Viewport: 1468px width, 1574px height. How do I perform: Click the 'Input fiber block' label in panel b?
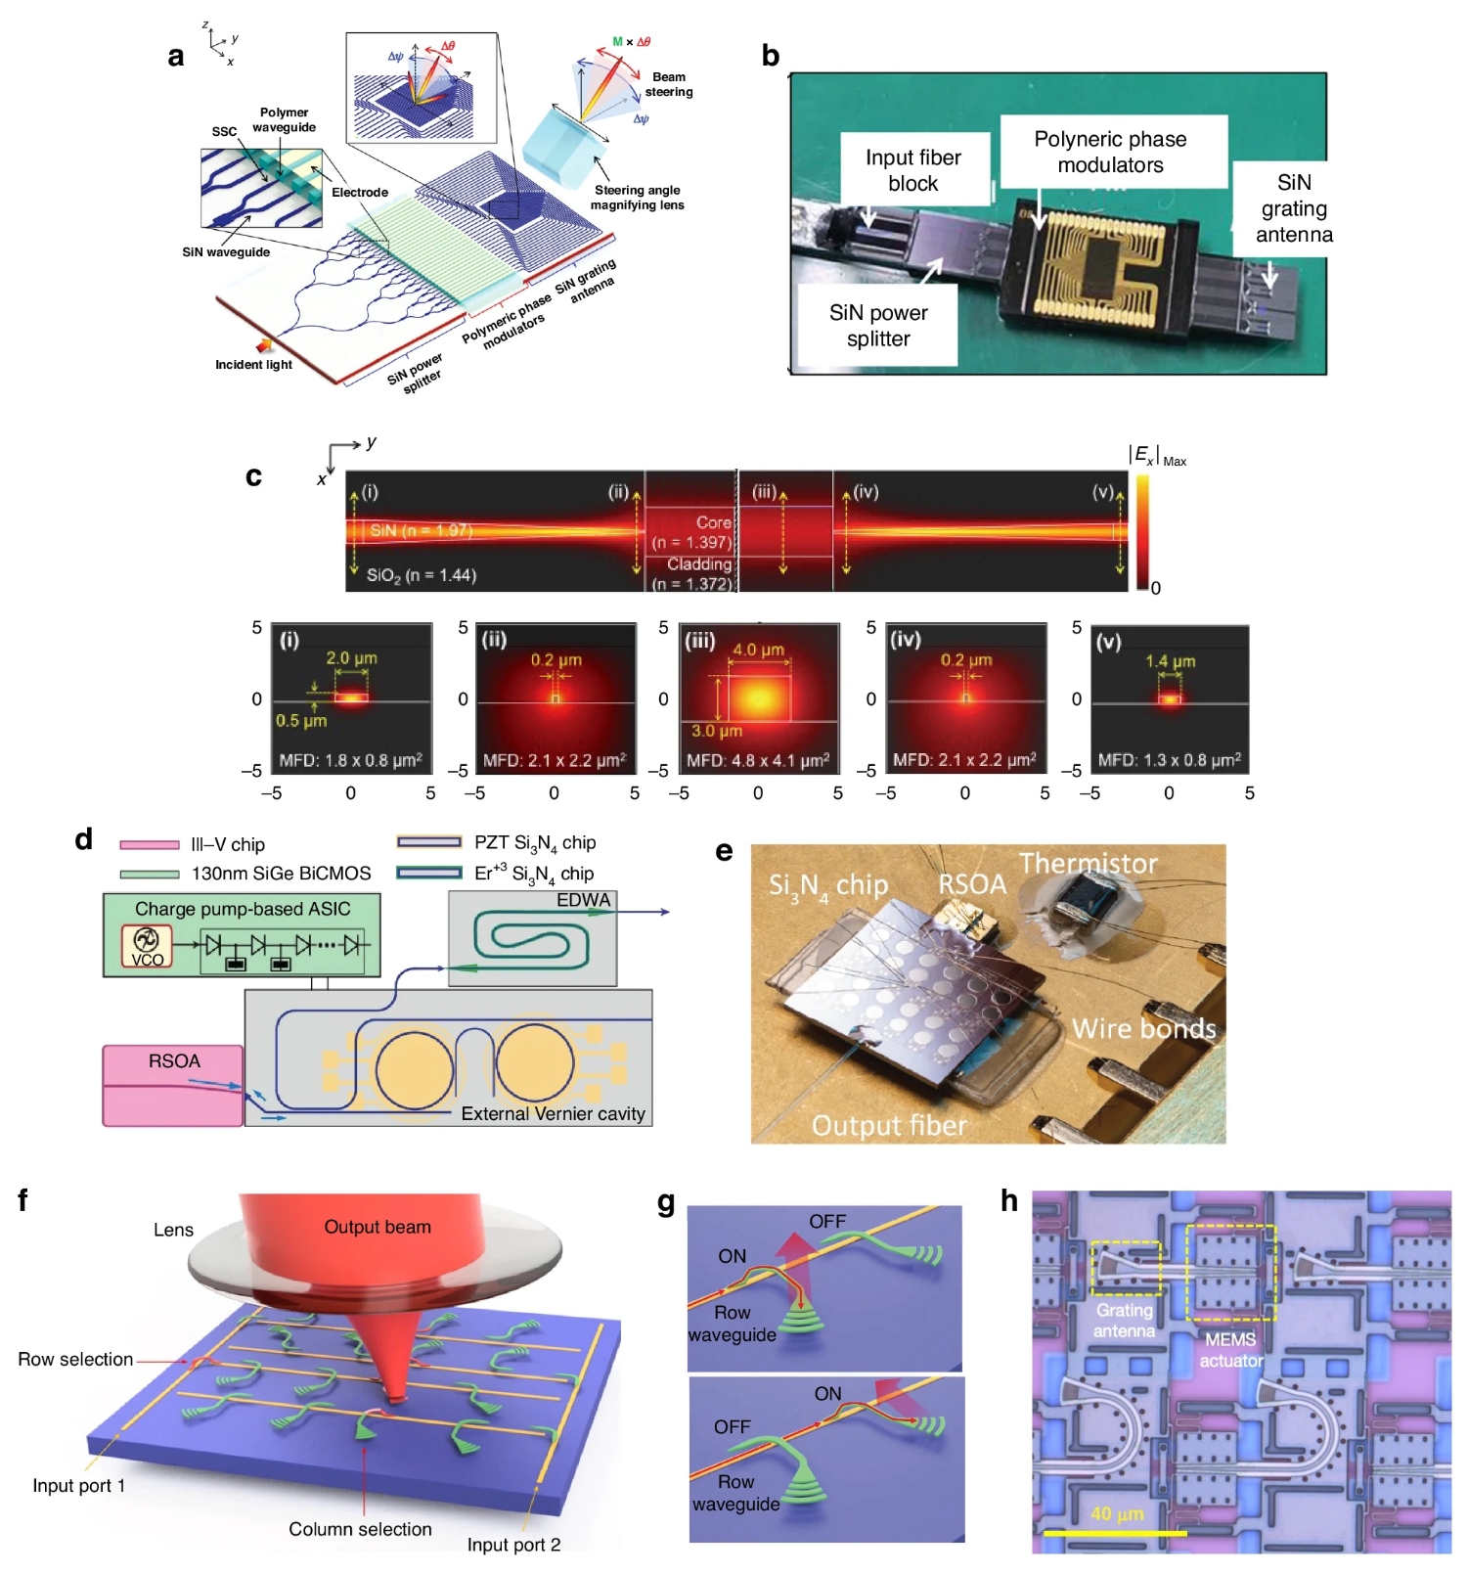pyautogui.click(x=912, y=170)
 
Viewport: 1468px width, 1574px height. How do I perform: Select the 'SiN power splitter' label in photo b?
pyautogui.click(x=877, y=326)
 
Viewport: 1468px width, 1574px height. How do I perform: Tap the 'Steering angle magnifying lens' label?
pyautogui.click(x=637, y=198)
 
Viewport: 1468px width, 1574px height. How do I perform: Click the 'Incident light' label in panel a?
pyautogui.click(x=253, y=365)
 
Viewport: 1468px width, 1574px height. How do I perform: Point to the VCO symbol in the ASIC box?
pyautogui.click(x=147, y=946)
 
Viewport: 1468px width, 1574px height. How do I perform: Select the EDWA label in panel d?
pyautogui.click(x=583, y=900)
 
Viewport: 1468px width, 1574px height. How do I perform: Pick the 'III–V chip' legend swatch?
pyautogui.click(x=150, y=844)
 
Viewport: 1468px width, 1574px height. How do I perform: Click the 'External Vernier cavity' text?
pyautogui.click(x=553, y=1113)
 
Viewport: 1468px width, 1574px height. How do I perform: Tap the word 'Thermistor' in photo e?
pyautogui.click(x=1088, y=864)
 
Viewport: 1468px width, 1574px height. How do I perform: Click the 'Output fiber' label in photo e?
pyautogui.click(x=888, y=1126)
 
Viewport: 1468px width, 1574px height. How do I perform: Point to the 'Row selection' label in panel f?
pyautogui.click(x=75, y=1359)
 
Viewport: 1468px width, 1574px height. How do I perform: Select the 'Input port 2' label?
pyautogui.click(x=513, y=1545)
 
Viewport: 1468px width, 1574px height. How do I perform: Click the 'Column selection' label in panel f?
pyautogui.click(x=360, y=1529)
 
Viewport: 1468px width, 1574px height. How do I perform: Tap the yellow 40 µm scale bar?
pyautogui.click(x=1115, y=1533)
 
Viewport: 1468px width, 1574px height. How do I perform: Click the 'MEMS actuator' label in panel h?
pyautogui.click(x=1230, y=1350)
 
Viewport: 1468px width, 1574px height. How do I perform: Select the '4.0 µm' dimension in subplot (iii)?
pyautogui.click(x=758, y=650)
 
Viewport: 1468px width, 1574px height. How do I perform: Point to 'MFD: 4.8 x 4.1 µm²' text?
pyautogui.click(x=758, y=760)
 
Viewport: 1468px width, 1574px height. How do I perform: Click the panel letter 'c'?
pyautogui.click(x=254, y=476)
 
